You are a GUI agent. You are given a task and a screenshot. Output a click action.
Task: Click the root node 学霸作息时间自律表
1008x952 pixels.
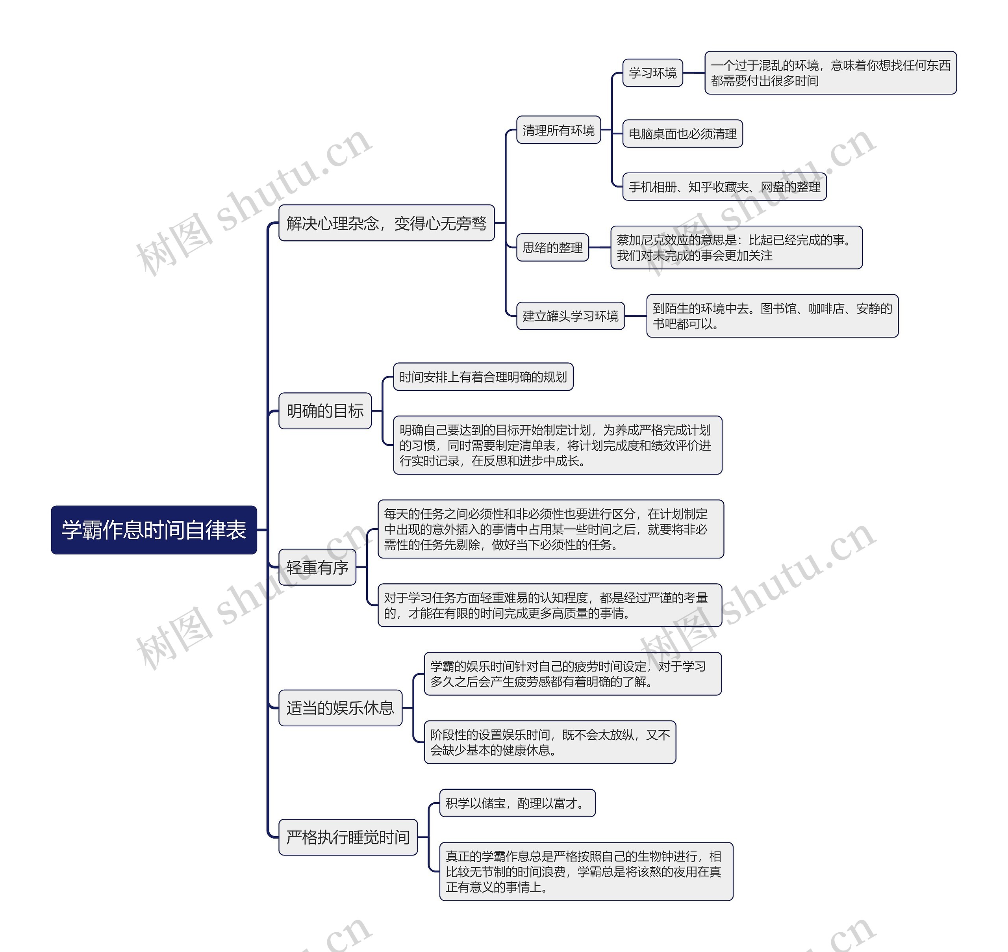click(154, 530)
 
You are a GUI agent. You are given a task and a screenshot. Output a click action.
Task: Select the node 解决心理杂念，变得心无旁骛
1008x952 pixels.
click(386, 223)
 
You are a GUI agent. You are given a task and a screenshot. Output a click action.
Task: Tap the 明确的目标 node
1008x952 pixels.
click(325, 410)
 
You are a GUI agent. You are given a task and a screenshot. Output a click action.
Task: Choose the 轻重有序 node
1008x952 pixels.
click(317, 567)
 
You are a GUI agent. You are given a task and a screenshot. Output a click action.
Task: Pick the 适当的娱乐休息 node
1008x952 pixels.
click(340, 707)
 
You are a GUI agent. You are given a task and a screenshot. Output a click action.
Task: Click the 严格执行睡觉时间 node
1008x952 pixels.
click(348, 837)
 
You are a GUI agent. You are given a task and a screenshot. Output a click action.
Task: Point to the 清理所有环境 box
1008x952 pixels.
click(558, 130)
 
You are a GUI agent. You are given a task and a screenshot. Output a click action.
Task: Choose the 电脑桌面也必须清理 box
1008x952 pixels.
click(682, 134)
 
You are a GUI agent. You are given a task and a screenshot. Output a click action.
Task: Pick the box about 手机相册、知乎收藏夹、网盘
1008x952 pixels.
click(724, 187)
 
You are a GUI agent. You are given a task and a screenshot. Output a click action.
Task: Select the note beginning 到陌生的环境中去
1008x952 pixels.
click(772, 315)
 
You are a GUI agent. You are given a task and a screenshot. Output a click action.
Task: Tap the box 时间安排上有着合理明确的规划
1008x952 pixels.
click(483, 377)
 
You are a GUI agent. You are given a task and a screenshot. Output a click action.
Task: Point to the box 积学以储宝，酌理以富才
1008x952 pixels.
click(517, 803)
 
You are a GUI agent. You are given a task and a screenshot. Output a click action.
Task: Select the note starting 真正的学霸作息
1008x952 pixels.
click(586, 871)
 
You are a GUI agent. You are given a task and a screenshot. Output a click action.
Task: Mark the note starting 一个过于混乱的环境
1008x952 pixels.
click(830, 72)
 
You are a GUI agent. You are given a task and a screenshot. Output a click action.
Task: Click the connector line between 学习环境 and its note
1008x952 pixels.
click(693, 72)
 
